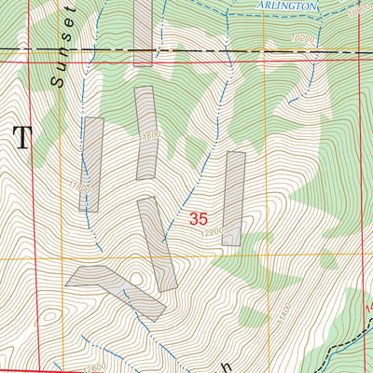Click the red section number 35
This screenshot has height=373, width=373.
[198, 220]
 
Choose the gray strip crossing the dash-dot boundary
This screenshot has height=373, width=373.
[143, 33]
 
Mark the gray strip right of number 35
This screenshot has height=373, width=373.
[233, 199]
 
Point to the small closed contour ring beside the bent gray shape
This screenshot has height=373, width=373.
[138, 278]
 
